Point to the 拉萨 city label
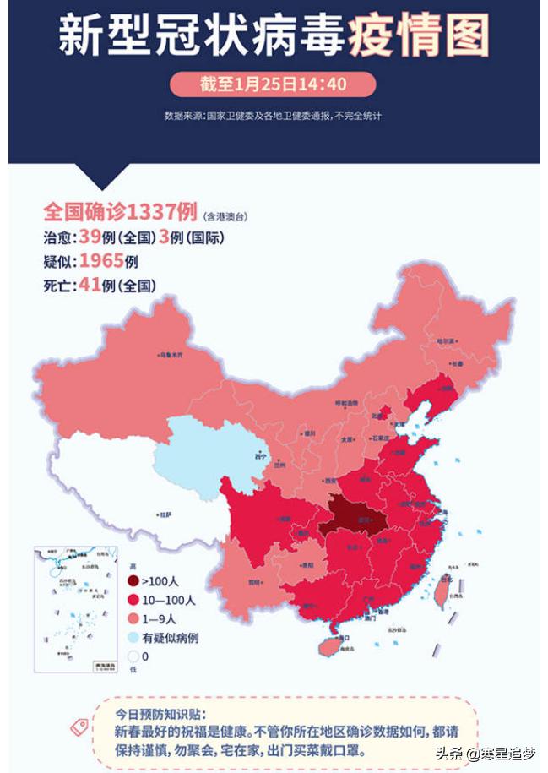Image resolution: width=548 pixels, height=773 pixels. point(166,513)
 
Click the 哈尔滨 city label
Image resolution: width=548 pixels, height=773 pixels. point(445,340)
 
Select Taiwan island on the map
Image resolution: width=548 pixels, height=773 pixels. point(441,591)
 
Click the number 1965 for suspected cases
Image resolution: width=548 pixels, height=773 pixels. point(101,260)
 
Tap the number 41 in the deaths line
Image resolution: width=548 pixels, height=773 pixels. point(89,286)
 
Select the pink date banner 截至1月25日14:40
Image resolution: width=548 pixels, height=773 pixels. point(273,84)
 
